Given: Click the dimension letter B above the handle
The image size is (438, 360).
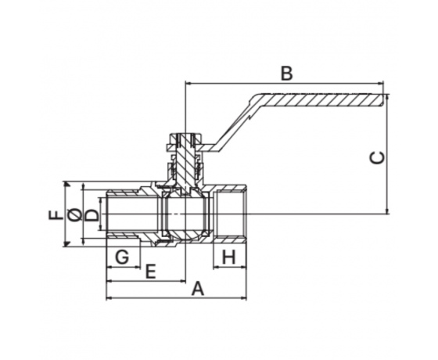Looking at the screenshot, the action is [x=286, y=74].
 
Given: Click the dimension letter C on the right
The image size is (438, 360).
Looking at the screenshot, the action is [x=377, y=157].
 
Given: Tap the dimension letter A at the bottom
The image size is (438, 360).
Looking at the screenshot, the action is [x=198, y=289].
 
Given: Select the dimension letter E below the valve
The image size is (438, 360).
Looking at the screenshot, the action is [x=150, y=272].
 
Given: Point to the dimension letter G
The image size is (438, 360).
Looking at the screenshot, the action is [x=122, y=257].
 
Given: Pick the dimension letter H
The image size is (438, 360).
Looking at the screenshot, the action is [x=229, y=257].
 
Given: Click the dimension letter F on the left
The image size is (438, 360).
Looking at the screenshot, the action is [x=56, y=214].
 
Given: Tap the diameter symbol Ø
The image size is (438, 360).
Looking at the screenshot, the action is [x=74, y=214].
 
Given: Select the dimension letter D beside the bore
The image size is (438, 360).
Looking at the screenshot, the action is [x=92, y=215].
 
